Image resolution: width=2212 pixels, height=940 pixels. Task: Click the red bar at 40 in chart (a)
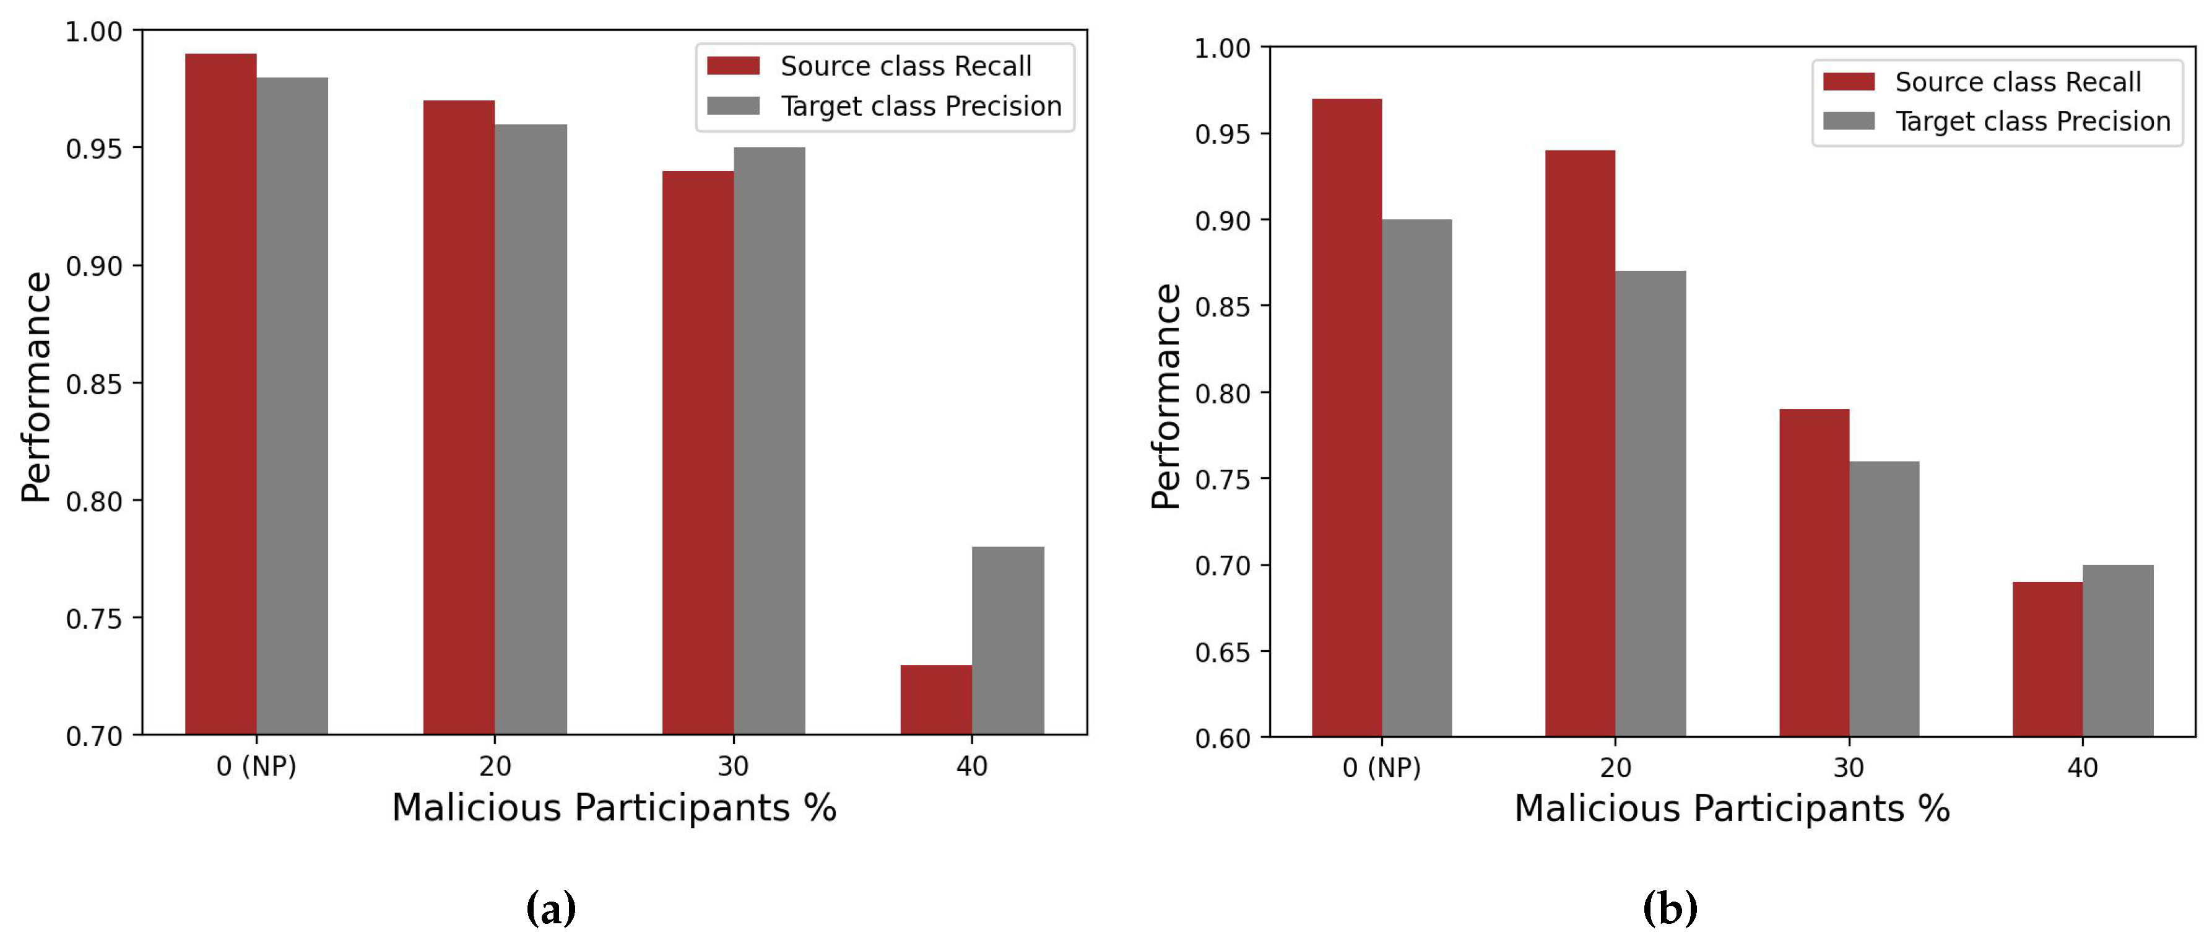[x=936, y=700]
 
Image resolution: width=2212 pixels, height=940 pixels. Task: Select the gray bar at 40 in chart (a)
[x=1007, y=640]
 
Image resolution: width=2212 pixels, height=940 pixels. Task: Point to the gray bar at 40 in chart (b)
[x=2117, y=651]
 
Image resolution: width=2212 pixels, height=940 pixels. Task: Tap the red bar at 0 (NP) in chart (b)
[x=1347, y=418]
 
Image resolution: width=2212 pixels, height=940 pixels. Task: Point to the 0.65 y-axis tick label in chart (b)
[x=1223, y=652]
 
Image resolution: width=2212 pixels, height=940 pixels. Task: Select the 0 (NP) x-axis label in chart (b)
[x=1382, y=766]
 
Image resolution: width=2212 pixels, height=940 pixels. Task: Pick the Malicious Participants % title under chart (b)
[x=1731, y=809]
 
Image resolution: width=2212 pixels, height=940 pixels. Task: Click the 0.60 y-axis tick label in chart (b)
[x=1223, y=738]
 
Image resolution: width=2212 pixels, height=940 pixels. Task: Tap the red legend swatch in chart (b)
[x=1848, y=82]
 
